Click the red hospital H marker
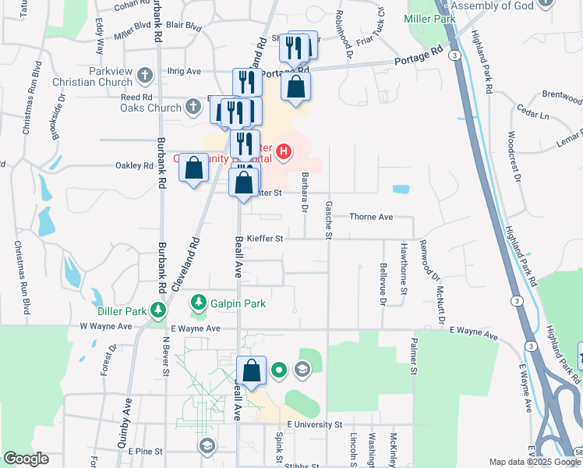click(x=284, y=151)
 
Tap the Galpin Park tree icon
click(x=200, y=302)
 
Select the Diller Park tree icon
click(x=158, y=310)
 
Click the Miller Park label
click(x=427, y=17)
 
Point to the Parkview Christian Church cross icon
click(x=144, y=76)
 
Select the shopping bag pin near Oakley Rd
click(x=195, y=167)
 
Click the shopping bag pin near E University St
click(x=252, y=370)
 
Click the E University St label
click(x=315, y=424)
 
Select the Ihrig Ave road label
click(x=185, y=71)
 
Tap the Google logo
click(x=26, y=459)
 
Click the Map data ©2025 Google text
click(x=533, y=462)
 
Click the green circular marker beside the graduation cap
click(x=280, y=370)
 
